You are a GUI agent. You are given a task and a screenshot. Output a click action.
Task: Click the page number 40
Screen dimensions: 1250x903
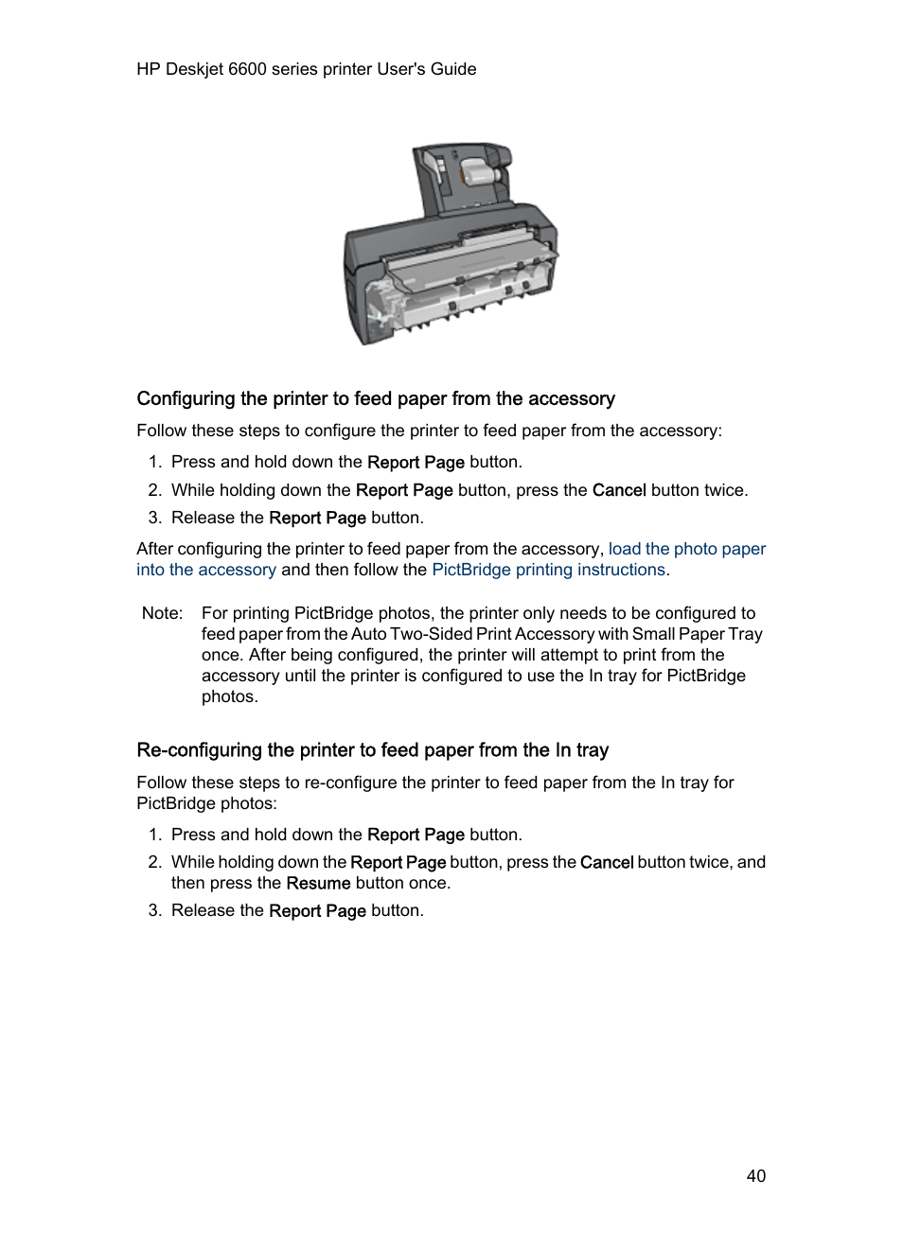pos(755,1175)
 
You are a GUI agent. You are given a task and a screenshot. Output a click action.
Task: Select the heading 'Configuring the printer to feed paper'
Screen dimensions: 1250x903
pos(376,398)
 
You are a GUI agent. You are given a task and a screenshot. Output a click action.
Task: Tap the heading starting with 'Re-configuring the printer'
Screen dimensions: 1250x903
pos(372,750)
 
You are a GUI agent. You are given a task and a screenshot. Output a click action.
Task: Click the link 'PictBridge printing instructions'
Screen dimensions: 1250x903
pos(548,570)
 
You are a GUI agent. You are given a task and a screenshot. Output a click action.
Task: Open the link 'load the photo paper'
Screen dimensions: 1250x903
pos(686,549)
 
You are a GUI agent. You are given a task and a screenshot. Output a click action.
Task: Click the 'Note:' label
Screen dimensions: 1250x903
pos(162,613)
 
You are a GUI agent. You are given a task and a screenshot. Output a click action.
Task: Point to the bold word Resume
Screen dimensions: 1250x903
pos(318,883)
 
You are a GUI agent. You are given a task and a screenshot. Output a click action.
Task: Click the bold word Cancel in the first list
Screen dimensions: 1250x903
pos(619,490)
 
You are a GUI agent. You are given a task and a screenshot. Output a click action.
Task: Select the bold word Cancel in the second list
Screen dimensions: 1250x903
pos(607,862)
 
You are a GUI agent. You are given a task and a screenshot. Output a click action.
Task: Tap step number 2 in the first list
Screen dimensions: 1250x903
pos(155,490)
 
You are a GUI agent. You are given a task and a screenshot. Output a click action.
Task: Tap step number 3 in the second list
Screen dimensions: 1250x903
pos(155,910)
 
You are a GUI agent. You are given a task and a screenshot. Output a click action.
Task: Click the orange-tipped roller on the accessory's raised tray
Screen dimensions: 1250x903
pos(474,174)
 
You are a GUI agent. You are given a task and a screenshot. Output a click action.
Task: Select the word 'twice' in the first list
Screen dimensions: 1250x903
pos(724,490)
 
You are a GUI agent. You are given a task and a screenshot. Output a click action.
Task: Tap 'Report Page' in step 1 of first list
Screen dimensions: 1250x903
pos(416,462)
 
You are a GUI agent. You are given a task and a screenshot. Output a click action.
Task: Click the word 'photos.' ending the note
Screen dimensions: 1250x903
pos(229,696)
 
